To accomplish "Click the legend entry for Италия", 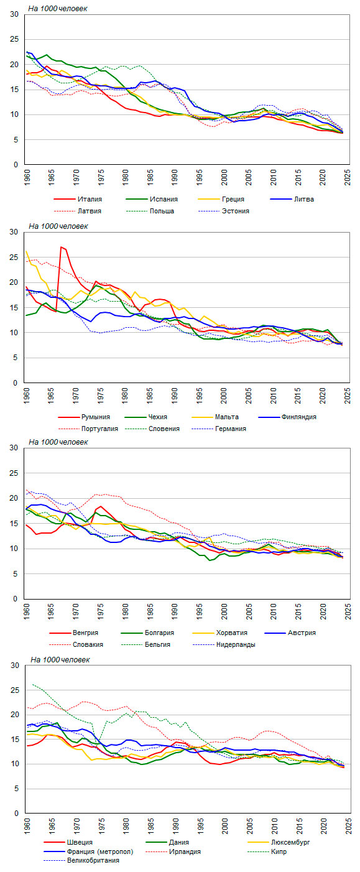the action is point(78,199).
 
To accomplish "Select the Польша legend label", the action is point(150,211).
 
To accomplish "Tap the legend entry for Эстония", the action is point(224,211).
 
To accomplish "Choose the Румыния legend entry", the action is point(84,417).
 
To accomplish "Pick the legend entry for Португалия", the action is point(88,429).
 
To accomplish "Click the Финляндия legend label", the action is point(287,417).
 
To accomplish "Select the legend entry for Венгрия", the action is point(74,633).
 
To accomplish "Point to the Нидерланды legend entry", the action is point(224,644).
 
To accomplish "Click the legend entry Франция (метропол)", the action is point(89,851).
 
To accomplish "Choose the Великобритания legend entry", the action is point(81,860).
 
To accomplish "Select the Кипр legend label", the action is point(267,851).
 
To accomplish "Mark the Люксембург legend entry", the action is point(279,842).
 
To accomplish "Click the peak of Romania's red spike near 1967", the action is point(61,247).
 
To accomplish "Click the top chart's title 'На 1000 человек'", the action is point(58,9).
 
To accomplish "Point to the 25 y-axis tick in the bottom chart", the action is point(14,690).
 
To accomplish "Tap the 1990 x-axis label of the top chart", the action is point(175,177).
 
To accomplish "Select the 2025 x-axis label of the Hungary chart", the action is point(348,611).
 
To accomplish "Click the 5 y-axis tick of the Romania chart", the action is point(16,358).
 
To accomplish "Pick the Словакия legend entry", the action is point(76,644).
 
